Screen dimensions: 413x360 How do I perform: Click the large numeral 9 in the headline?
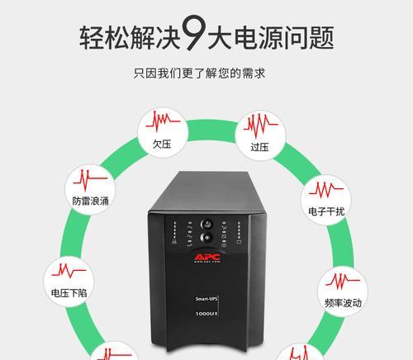[x=194, y=33]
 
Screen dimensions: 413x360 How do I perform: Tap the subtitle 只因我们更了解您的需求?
[x=199, y=73]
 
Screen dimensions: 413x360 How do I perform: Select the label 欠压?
[x=162, y=144]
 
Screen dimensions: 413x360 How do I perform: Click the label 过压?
[x=259, y=147]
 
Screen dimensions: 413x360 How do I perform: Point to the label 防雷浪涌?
[x=90, y=201]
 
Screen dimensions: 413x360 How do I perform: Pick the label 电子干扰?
[x=326, y=211]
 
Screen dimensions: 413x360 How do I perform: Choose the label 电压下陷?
[x=69, y=292]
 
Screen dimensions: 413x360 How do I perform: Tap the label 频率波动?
[x=343, y=303]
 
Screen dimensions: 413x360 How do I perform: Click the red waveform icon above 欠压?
[x=163, y=121]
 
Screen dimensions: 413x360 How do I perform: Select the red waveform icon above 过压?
[x=260, y=125]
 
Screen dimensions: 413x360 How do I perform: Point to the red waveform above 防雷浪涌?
[x=90, y=180]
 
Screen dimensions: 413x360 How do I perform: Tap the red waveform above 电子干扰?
[x=326, y=190]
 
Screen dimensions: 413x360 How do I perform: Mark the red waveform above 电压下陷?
[x=69, y=271]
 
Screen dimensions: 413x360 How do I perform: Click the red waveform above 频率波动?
[x=343, y=282]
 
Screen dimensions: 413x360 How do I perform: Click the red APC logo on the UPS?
[x=207, y=258]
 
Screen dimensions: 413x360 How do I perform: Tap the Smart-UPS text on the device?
[x=206, y=299]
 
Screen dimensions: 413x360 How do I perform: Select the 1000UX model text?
[x=206, y=314]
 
